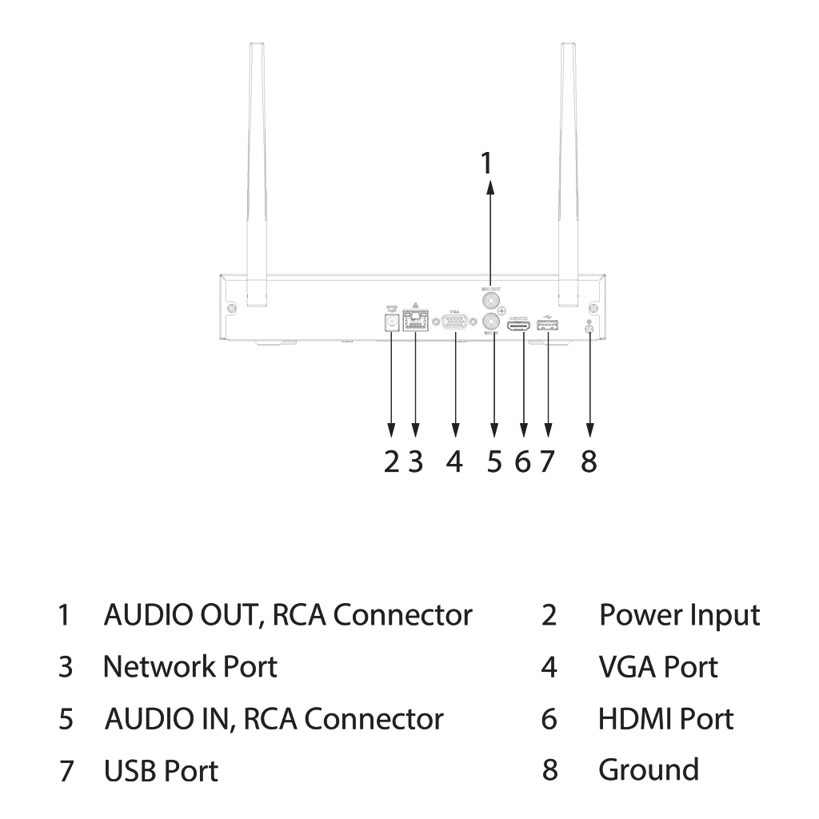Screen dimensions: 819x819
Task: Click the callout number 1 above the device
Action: [485, 162]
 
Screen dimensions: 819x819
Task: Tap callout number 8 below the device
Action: [589, 461]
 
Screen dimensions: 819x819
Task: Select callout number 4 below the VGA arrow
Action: [454, 461]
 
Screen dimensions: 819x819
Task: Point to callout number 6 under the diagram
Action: [523, 461]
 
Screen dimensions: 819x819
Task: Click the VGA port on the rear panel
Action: [455, 322]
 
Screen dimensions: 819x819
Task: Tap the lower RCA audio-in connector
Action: [492, 323]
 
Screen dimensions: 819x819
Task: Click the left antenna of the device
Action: [256, 176]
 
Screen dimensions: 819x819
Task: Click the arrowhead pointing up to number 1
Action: [491, 186]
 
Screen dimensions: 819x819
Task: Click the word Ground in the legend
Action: [648, 769]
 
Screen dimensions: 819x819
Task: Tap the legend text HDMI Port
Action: [665, 718]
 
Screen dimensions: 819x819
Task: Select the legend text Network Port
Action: [190, 666]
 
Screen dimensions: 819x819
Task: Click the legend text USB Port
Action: [161, 770]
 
